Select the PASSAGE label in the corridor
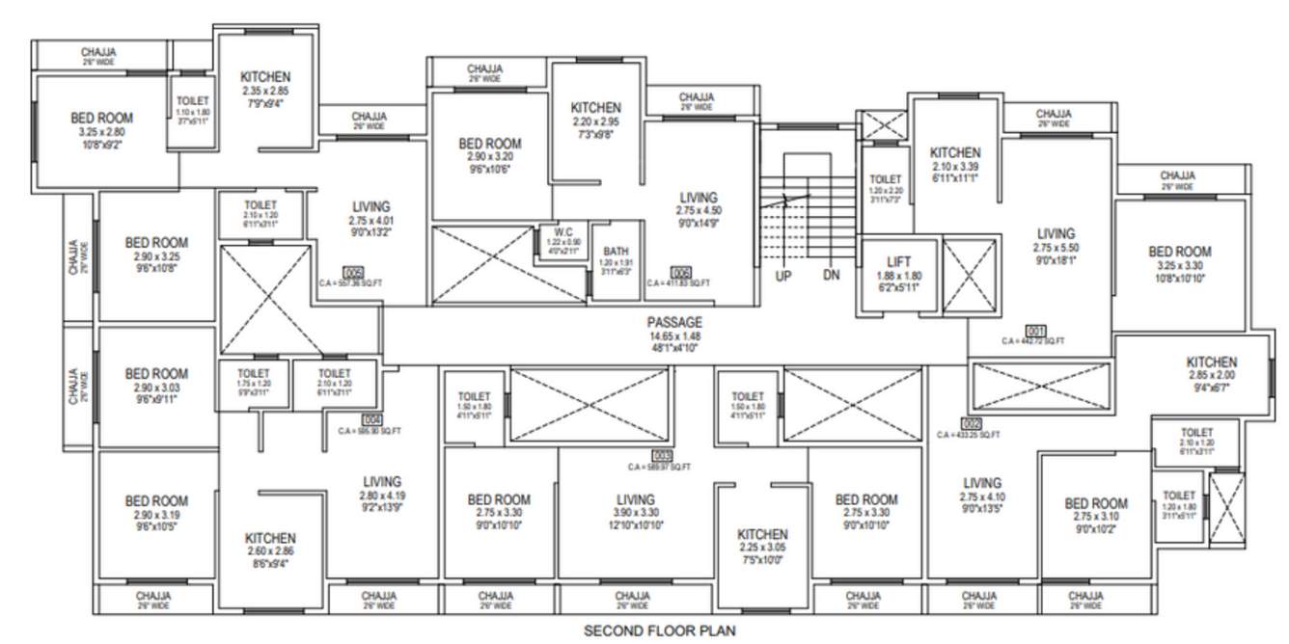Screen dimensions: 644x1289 [674, 322]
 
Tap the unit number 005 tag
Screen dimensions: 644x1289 [353, 272]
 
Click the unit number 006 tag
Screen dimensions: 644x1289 [680, 272]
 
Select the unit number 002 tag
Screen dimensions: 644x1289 [971, 422]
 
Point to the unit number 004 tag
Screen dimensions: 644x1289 [370, 419]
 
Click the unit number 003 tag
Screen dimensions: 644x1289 [662, 455]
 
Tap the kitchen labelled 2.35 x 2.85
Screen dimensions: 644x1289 [264, 77]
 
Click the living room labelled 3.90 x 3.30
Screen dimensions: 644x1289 [636, 499]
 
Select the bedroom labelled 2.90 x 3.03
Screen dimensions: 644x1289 [155, 374]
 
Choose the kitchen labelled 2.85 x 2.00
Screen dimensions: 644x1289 [1211, 362]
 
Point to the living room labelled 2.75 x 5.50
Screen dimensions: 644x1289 [1056, 234]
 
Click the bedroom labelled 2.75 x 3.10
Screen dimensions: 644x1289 [1096, 503]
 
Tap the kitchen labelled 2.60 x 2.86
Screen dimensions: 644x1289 [270, 538]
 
